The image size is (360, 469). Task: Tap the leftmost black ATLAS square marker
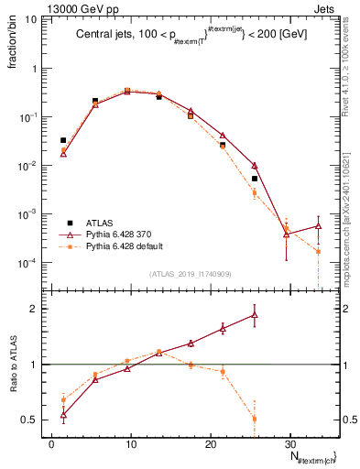[x=63, y=140]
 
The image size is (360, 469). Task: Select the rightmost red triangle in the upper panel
[x=318, y=225]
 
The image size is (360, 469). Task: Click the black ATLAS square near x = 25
[x=255, y=179]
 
